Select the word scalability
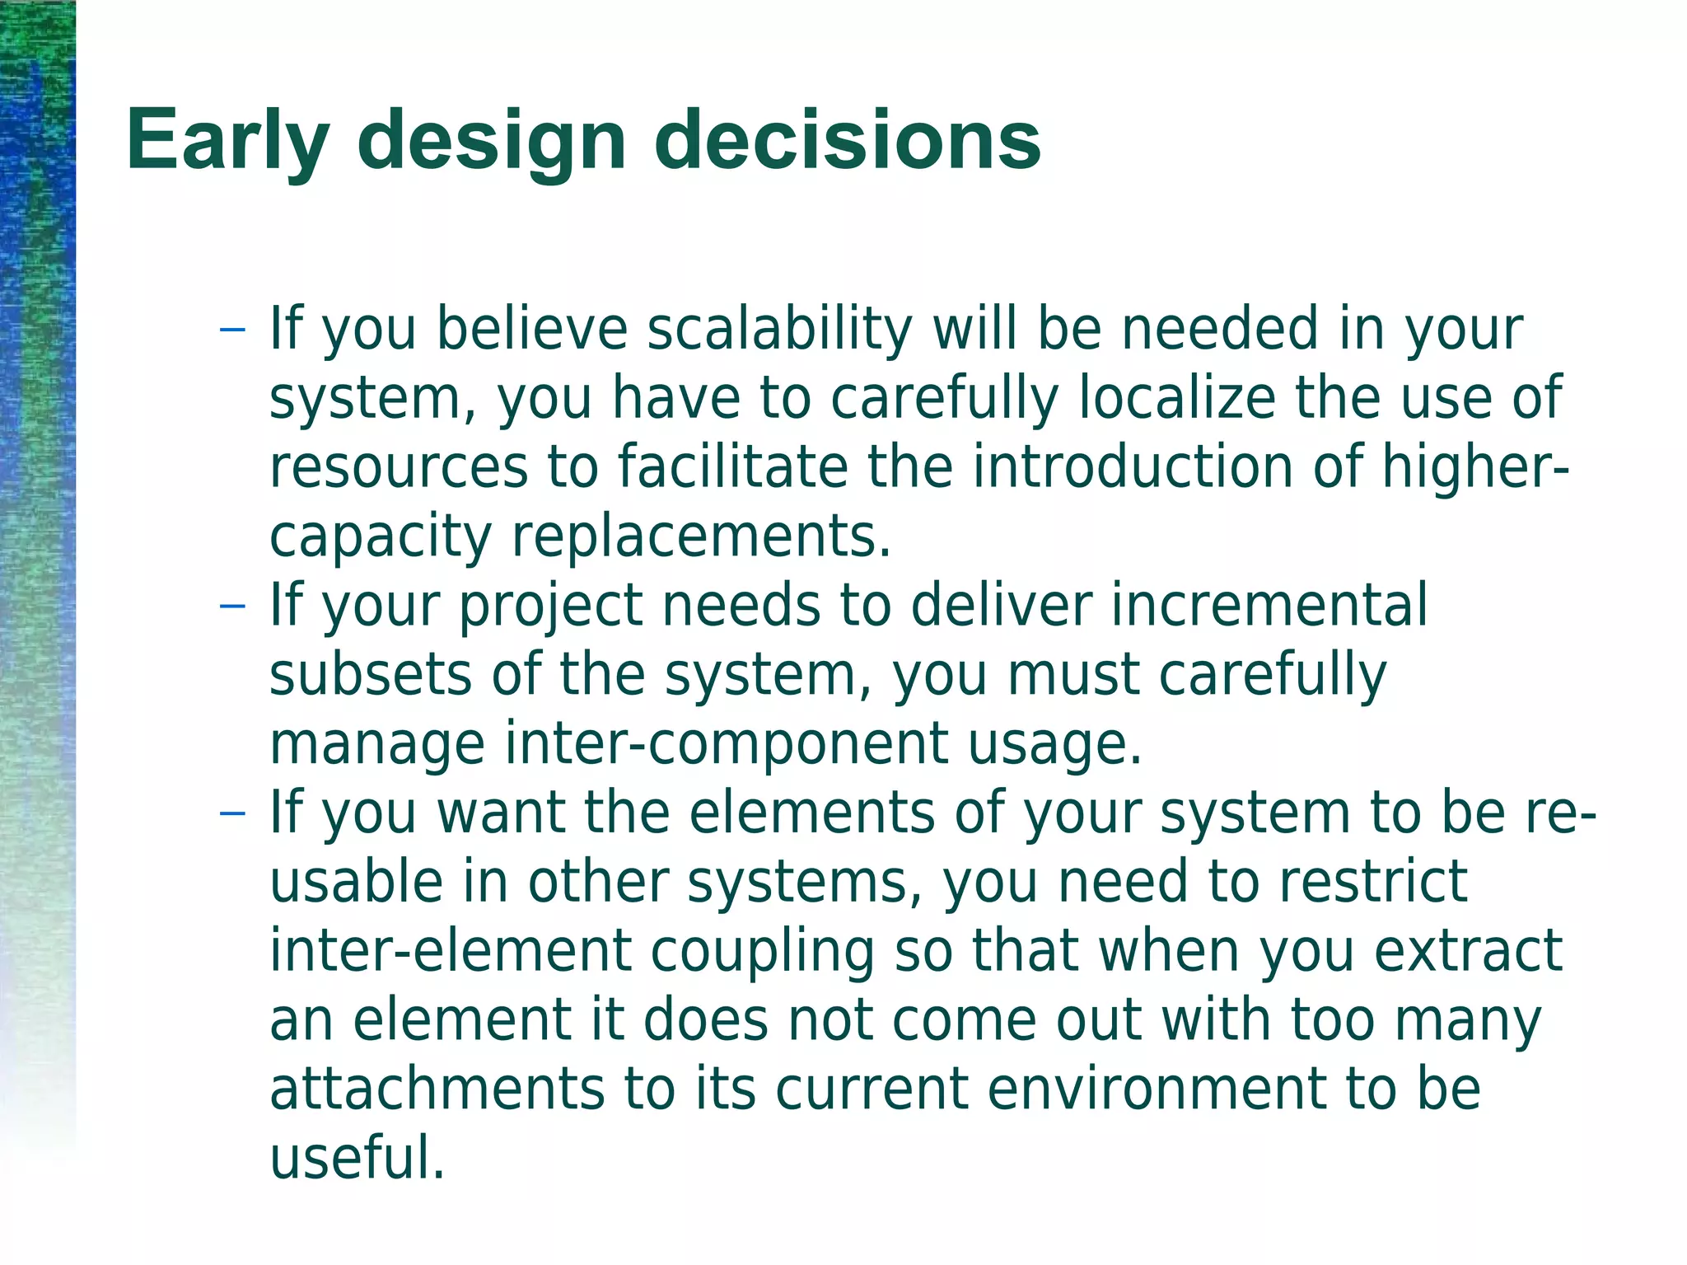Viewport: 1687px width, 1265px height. tap(779, 330)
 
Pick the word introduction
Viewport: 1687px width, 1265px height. tap(1132, 467)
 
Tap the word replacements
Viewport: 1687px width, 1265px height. tap(701, 537)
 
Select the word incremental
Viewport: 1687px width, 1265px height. tap(1269, 607)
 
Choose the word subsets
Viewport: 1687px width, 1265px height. tap(371, 675)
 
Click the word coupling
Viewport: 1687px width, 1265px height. tap(762, 951)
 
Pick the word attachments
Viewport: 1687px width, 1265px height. tap(437, 1089)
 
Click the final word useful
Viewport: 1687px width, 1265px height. tap(357, 1158)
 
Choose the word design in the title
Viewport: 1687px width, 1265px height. tap(492, 142)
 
